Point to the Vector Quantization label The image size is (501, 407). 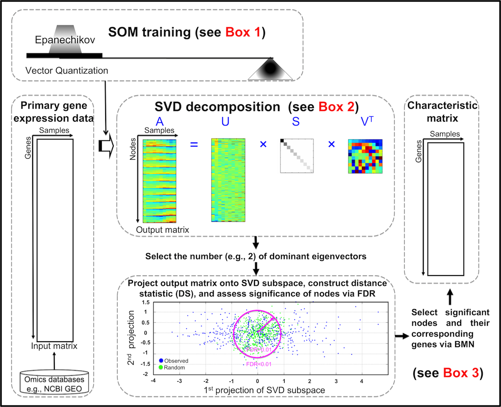[x=67, y=70]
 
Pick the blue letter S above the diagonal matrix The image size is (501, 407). [x=296, y=122]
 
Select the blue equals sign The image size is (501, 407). [x=194, y=144]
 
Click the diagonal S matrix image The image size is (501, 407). [x=296, y=156]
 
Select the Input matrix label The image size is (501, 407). [x=54, y=346]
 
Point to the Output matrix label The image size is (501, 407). [x=162, y=230]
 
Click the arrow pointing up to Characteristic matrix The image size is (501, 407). [x=449, y=295]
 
